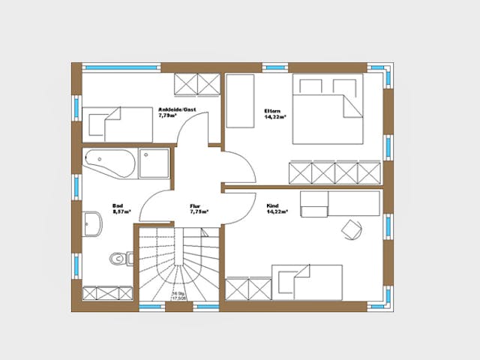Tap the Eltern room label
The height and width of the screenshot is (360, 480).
coord(271,111)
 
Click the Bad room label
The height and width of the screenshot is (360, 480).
coord(118,205)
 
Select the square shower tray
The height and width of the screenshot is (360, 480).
coord(154,163)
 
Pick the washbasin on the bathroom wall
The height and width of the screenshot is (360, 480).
coord(93,223)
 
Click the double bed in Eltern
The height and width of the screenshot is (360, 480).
coord(326,109)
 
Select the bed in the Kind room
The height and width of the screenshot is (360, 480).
coord(307,282)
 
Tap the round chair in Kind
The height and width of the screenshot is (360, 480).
coord(351,226)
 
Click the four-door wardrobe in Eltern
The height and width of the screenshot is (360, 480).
coord(334,172)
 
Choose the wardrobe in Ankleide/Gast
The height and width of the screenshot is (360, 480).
coord(196,83)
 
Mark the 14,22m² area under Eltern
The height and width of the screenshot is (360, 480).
coord(274,118)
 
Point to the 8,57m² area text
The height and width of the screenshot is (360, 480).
coord(121,211)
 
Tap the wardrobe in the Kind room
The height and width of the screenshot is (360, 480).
coord(247,289)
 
